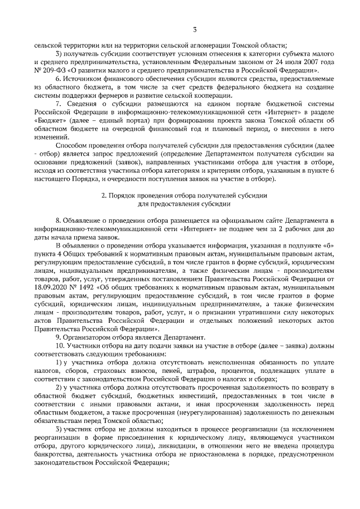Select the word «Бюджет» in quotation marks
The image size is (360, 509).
click(x=49, y=119)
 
